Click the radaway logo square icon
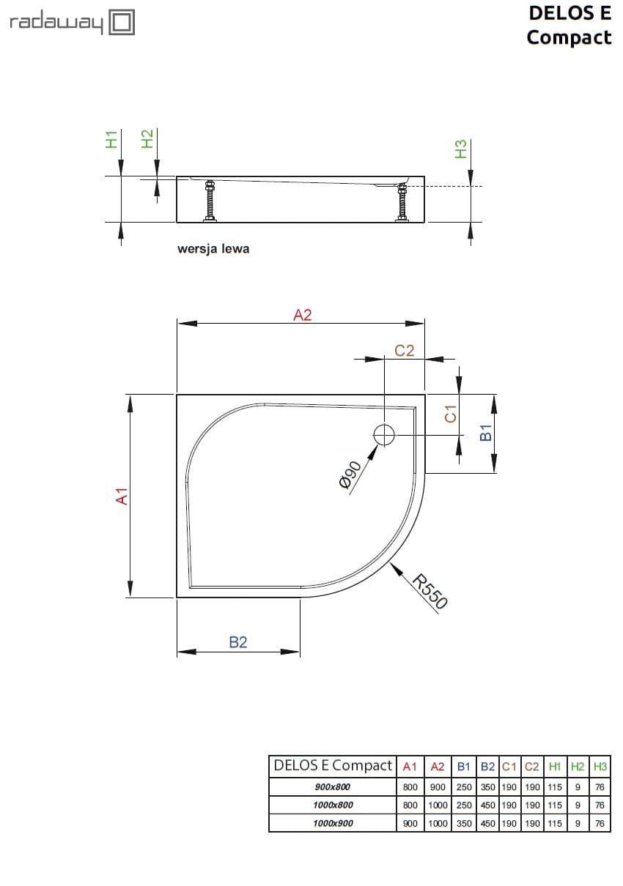click(122, 22)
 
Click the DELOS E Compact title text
click(569, 25)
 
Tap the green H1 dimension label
click(111, 139)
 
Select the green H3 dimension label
click(460, 149)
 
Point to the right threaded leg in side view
click(402, 203)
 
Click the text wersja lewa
click(213, 249)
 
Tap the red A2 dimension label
click(303, 315)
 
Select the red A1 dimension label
click(123, 496)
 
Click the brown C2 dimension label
click(405, 351)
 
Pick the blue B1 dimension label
click(485, 432)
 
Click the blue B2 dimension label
click(238, 642)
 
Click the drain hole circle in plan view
click(384, 435)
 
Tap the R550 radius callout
click(430, 592)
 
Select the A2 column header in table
click(438, 767)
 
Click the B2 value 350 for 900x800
click(488, 787)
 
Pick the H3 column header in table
click(600, 767)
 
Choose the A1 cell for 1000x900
click(410, 823)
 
